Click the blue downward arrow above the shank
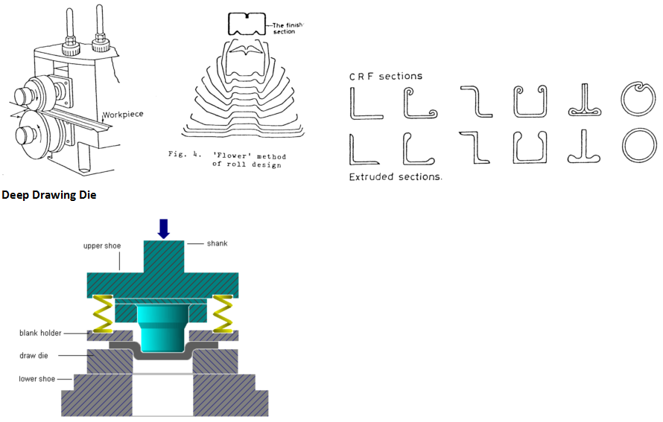click(x=164, y=228)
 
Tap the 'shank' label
click(x=217, y=243)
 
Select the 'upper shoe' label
click(x=102, y=246)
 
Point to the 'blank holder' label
click(x=40, y=333)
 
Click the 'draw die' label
click(x=34, y=356)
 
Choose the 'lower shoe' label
click(x=37, y=379)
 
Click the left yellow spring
click(x=103, y=314)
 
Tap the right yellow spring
click(x=223, y=314)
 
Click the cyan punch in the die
click(x=163, y=328)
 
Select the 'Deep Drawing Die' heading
click(x=49, y=195)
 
